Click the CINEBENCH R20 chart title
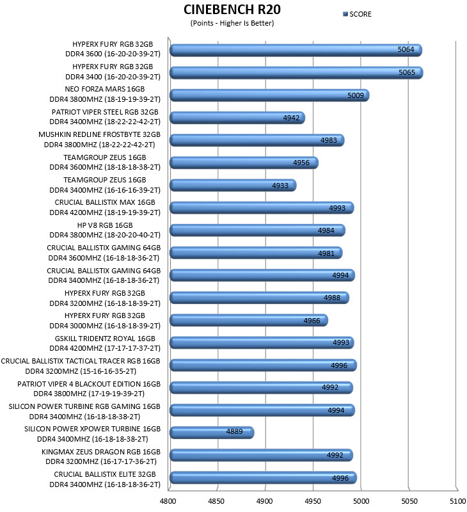click(232, 10)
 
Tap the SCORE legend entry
click(357, 14)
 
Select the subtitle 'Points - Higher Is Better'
click(232, 23)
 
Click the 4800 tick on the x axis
click(168, 501)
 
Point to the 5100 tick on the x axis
click(458, 501)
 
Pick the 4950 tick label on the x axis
click(313, 501)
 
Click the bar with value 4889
click(212, 433)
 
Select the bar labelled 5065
click(296, 72)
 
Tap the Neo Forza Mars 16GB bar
click(269, 95)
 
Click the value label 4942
click(291, 118)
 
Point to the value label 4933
click(280, 186)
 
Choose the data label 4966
click(312, 321)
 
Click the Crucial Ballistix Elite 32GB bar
click(263, 477)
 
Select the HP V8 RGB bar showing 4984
click(257, 230)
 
